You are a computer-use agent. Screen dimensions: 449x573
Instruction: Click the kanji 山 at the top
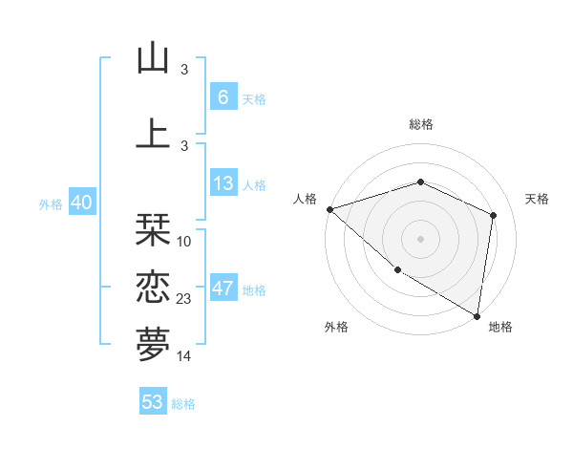pyautogui.click(x=153, y=59)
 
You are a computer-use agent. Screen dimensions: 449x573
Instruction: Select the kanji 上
pyautogui.click(x=153, y=133)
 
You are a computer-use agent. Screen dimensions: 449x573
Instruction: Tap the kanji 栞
pyautogui.click(x=153, y=231)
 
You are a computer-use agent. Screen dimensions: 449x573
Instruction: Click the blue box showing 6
pyautogui.click(x=223, y=97)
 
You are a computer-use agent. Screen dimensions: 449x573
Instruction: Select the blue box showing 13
pyautogui.click(x=223, y=184)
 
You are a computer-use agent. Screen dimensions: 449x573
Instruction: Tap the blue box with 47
pyautogui.click(x=223, y=289)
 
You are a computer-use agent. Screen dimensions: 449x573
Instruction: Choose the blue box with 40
pyautogui.click(x=81, y=203)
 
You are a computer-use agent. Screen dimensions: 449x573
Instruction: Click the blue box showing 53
pyautogui.click(x=153, y=402)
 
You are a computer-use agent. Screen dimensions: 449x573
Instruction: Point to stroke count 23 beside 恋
pyautogui.click(x=184, y=299)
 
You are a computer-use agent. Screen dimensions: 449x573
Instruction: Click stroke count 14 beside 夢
pyautogui.click(x=184, y=355)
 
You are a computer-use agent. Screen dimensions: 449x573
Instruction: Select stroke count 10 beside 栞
pyautogui.click(x=184, y=241)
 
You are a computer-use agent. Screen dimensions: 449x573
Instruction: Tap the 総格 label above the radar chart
pyautogui.click(x=420, y=124)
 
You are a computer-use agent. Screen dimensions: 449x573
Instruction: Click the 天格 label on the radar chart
pyautogui.click(x=537, y=199)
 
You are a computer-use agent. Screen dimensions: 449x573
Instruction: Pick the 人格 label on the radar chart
pyautogui.click(x=305, y=199)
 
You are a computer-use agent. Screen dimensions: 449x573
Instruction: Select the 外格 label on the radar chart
pyautogui.click(x=336, y=327)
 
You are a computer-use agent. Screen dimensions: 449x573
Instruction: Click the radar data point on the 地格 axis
pyautogui.click(x=477, y=314)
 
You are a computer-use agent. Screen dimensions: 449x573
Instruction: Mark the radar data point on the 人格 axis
pyautogui.click(x=329, y=208)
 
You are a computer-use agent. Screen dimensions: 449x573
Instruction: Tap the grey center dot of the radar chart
pyautogui.click(x=420, y=238)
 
